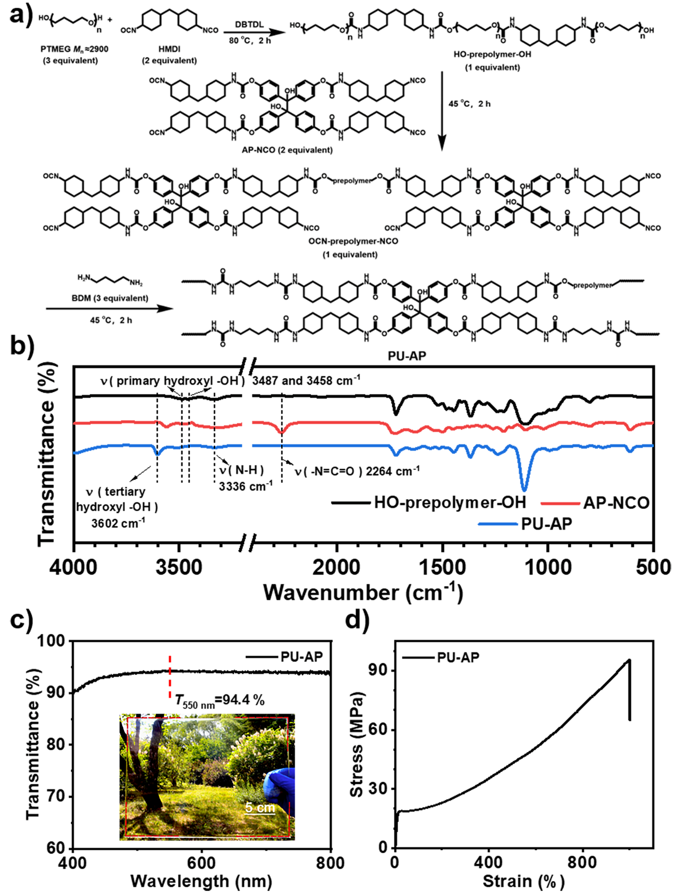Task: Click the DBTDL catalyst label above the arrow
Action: click(249, 24)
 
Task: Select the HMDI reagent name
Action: click(169, 49)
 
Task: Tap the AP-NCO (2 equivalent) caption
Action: click(287, 150)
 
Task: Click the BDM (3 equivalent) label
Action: click(110, 298)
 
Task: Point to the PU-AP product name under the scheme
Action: click(407, 355)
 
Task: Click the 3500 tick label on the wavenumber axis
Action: click(179, 567)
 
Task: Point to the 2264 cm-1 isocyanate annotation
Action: click(357, 471)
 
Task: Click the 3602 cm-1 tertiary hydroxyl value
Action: click(118, 524)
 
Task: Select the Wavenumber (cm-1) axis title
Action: click(363, 593)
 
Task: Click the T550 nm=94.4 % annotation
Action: click(220, 700)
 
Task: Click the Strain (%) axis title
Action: click(523, 881)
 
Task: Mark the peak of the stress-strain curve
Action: click(629, 660)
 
